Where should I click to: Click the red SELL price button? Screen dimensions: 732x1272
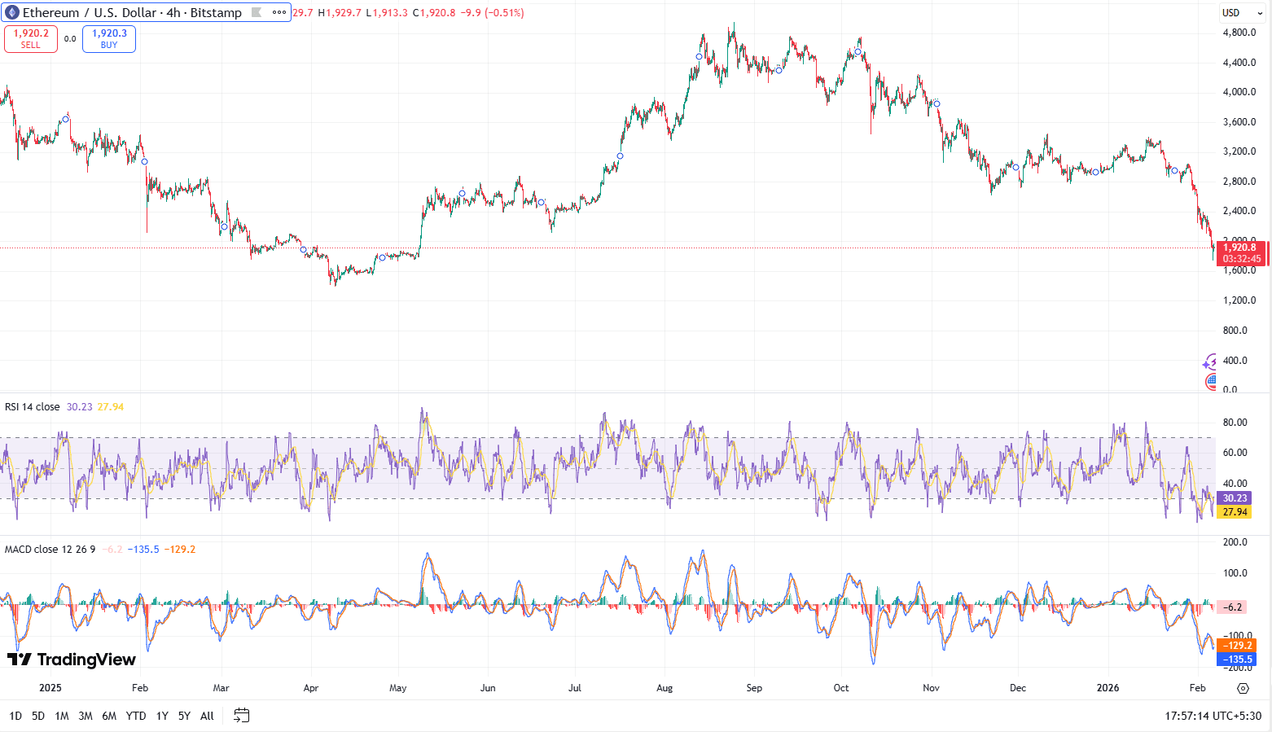point(31,39)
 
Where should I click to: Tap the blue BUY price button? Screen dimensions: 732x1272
point(109,39)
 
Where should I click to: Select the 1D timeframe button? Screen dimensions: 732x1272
point(15,716)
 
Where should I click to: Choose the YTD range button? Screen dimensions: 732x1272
point(136,716)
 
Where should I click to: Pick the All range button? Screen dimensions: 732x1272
point(207,716)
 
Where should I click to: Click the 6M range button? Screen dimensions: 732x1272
point(109,716)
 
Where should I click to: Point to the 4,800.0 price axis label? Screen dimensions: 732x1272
point(1239,33)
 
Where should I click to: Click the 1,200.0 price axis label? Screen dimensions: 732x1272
point(1239,300)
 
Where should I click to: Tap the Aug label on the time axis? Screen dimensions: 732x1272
point(665,688)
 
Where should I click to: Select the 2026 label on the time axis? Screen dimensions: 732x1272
point(1108,688)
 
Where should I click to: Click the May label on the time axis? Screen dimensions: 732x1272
point(397,688)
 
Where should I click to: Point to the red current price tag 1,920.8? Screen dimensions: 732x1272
point(1239,248)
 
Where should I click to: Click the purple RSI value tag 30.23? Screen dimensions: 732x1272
point(1235,498)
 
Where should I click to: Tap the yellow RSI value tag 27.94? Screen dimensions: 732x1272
point(1235,512)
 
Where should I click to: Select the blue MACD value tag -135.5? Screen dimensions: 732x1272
point(1236,660)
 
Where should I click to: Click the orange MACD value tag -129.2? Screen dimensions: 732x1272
point(1236,646)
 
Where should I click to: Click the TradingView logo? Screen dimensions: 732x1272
point(72,660)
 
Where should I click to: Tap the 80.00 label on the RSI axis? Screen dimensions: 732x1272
point(1235,423)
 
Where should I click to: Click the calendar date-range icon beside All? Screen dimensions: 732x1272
point(241,716)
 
